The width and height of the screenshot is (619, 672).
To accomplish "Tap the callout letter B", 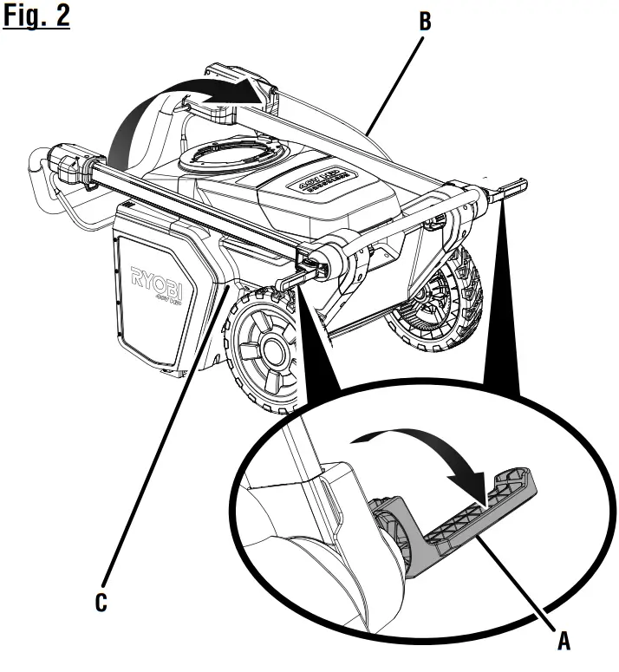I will point(425,22).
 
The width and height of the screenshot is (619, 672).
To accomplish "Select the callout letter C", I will point(101,601).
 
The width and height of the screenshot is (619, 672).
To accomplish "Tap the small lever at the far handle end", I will point(511,186).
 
